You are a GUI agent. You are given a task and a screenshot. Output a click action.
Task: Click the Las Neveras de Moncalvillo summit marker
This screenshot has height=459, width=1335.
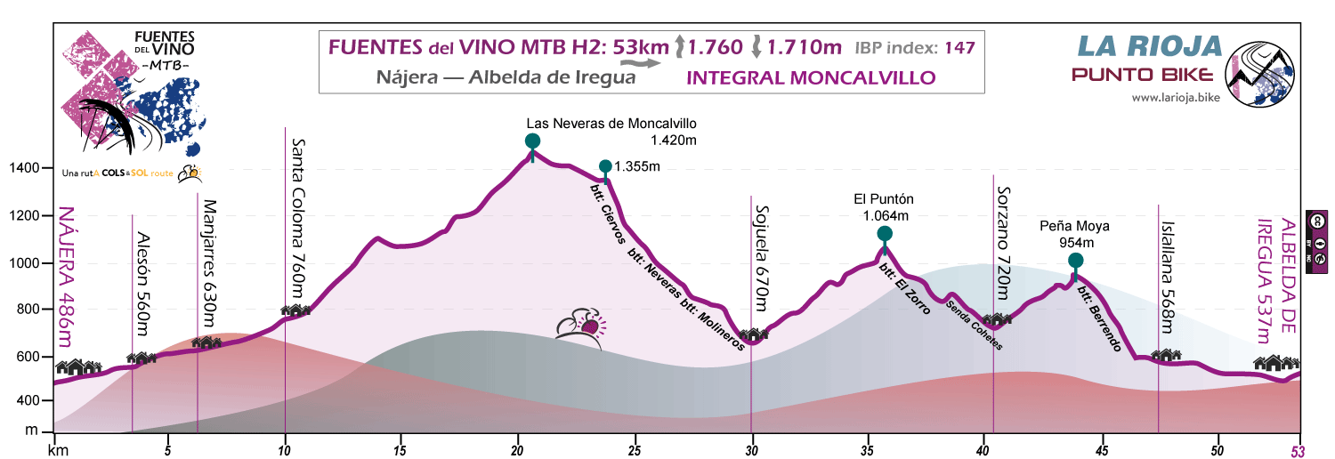532,141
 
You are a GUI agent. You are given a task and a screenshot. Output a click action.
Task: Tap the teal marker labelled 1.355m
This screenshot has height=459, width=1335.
605,166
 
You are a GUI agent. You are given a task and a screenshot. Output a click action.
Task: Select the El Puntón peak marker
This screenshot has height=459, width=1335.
885,234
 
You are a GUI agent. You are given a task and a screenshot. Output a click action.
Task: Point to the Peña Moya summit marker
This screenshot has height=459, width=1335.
1075,261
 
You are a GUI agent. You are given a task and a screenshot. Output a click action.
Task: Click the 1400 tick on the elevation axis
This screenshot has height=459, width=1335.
24,168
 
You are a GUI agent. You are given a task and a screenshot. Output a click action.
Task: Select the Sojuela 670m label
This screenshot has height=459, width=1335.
762,259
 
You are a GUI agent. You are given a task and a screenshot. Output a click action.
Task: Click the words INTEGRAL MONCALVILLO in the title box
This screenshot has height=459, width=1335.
811,77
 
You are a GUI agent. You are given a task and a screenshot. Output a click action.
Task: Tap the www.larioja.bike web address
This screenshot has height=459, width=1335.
1175,97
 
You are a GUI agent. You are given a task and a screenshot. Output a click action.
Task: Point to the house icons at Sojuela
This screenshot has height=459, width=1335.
754,335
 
